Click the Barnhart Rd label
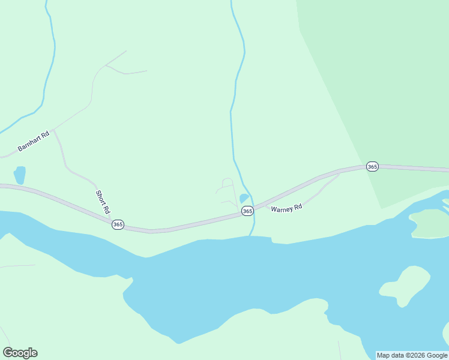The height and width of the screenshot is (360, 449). [x=33, y=141]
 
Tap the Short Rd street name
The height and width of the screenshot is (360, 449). [x=103, y=202]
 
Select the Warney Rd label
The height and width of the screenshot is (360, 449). [x=286, y=208]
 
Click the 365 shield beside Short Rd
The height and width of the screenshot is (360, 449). [x=118, y=224]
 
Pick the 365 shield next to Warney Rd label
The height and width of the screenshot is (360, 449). [x=247, y=211]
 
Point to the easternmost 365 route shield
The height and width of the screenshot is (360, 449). [x=372, y=166]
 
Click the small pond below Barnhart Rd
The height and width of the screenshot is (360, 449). [x=20, y=175]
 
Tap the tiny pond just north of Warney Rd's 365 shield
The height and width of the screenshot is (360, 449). [x=244, y=198]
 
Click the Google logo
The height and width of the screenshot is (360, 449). [x=20, y=353]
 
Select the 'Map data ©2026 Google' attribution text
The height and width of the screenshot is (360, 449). [x=412, y=355]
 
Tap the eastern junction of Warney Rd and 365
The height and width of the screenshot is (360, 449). [x=340, y=172]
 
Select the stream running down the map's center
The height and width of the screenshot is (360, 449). [x=234, y=120]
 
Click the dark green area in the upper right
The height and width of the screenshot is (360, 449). [x=384, y=90]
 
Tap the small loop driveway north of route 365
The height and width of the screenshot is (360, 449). [x=228, y=182]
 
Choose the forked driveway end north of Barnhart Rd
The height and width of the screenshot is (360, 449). [x=107, y=65]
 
